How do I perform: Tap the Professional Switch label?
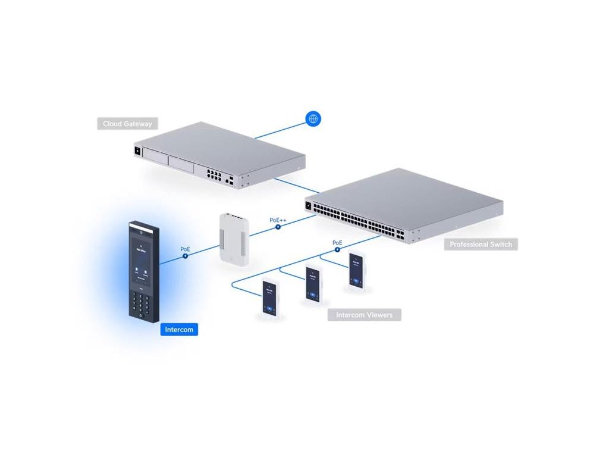click(x=481, y=245)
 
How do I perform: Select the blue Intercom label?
click(x=179, y=329)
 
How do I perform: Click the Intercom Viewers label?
click(x=364, y=315)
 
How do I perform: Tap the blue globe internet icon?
click(x=313, y=118)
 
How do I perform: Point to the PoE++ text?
click(x=278, y=220)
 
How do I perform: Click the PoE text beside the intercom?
click(x=186, y=249)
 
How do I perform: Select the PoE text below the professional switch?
click(x=337, y=243)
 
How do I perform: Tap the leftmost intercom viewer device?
click(x=271, y=299)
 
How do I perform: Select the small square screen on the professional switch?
click(x=307, y=206)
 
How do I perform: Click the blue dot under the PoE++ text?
click(x=277, y=227)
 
